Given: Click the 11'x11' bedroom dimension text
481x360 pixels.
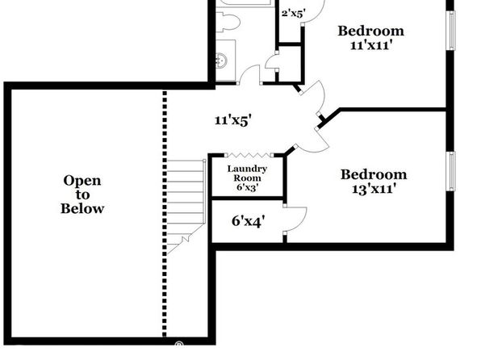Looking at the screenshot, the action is coord(371,45).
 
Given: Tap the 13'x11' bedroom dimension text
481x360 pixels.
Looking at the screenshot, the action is coord(372,188).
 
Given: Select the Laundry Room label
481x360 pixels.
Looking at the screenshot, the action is coord(247,174).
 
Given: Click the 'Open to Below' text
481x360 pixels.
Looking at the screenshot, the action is coord(82,195).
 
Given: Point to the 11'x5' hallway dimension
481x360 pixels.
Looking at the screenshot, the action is coord(233,120).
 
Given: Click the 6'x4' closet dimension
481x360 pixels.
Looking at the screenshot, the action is coord(249,221).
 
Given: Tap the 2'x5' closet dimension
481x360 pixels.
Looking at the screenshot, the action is coord(294,14).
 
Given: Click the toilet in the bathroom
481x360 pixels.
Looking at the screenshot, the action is coord(228,22).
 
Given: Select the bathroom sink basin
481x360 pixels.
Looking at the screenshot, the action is coord(221,60).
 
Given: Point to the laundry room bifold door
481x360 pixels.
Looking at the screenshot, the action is coord(249,155).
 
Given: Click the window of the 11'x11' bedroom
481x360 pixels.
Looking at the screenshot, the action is coord(452,30).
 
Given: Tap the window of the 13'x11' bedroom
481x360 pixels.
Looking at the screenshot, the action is coord(452,171).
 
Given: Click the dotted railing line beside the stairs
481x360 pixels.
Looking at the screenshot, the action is coord(165,214).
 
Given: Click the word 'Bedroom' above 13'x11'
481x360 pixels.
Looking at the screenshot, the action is coord(374,174).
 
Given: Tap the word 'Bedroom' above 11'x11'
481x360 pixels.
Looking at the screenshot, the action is coord(371,31).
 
